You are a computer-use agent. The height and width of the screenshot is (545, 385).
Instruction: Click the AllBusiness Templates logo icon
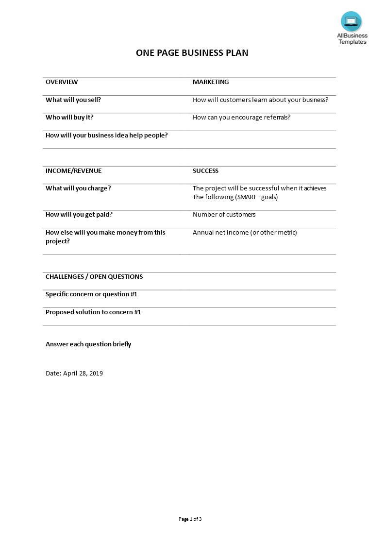pos(351,22)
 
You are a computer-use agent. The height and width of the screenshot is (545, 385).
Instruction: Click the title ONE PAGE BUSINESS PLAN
pos(192,53)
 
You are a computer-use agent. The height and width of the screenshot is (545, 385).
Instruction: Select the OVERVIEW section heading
pos(62,82)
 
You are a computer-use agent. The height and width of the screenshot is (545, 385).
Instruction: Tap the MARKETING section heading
pos(211,82)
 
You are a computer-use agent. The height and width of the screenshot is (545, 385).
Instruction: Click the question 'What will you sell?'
pos(73,100)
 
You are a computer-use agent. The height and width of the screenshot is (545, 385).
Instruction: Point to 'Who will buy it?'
pos(69,118)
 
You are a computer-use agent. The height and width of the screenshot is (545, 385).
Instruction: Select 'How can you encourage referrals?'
pos(241,118)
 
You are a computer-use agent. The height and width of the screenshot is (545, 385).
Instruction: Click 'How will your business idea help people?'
pos(106,135)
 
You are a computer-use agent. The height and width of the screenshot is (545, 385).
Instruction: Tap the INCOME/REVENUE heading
pos(73,170)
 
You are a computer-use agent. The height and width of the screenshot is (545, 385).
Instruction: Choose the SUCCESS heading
pos(205,170)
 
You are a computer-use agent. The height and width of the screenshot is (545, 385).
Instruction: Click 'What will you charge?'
pos(78,188)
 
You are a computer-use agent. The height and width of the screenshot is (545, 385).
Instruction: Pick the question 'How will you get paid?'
pos(79,215)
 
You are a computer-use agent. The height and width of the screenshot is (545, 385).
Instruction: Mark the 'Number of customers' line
pos(224,215)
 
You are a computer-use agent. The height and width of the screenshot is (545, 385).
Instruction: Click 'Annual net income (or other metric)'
pos(245,232)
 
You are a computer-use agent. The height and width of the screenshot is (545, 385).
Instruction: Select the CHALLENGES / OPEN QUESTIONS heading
pos(94,277)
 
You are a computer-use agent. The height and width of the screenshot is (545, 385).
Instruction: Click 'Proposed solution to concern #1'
pos(93,312)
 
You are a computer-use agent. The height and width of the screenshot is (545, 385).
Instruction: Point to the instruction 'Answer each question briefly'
pos(88,344)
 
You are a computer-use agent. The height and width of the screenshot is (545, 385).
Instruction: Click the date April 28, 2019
pos(74,374)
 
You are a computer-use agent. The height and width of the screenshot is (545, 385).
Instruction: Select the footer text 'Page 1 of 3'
pos(190,519)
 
